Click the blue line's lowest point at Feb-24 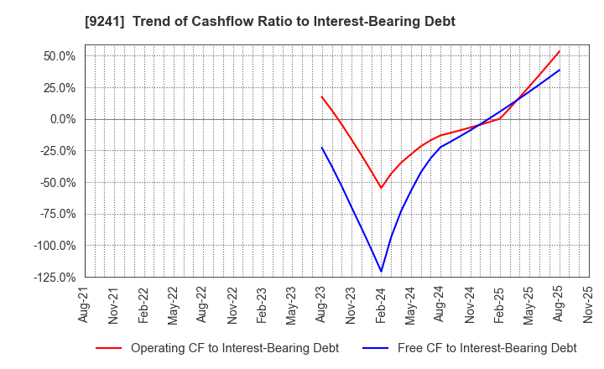coord(381,271)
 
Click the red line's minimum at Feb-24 coord(381,188)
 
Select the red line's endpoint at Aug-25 coord(560,50)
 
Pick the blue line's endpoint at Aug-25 coord(560,70)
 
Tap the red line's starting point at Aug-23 coord(321,96)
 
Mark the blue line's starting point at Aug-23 coord(321,148)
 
